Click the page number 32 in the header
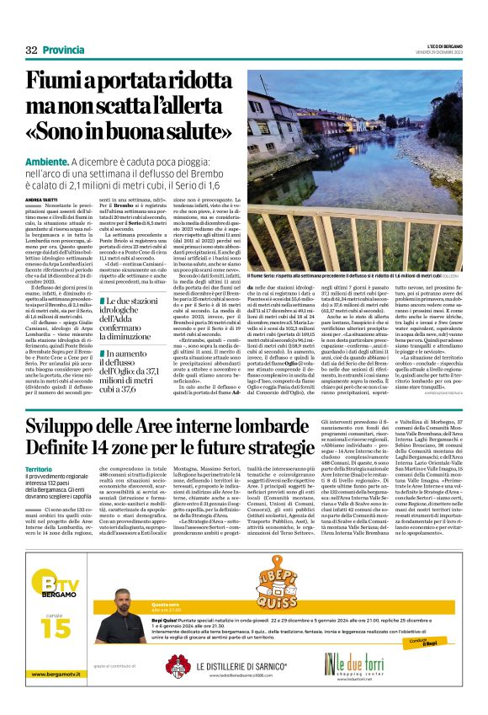click(x=31, y=51)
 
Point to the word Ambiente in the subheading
click(x=47, y=161)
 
